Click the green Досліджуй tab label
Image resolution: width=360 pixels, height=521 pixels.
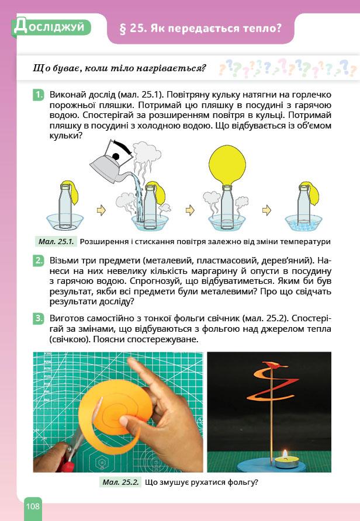(x=50, y=27)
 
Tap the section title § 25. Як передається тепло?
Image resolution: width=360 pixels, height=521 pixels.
(x=200, y=27)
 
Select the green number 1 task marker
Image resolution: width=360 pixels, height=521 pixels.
(x=39, y=94)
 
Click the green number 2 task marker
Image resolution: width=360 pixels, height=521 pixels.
(x=39, y=260)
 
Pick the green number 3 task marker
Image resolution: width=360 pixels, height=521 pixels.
(x=39, y=318)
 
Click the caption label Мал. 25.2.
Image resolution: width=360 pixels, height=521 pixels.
(x=120, y=482)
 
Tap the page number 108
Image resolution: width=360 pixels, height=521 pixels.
(x=33, y=506)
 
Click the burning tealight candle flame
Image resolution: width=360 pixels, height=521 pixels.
(x=285, y=454)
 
